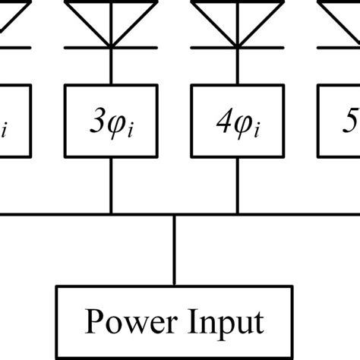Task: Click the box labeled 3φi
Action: tap(112, 122)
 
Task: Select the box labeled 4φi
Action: tap(236, 122)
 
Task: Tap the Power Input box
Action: tap(175, 322)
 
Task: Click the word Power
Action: tap(126, 322)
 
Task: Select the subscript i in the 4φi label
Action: tap(255, 130)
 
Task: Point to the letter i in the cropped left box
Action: tap(5, 130)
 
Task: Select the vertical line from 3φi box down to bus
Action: tap(112, 186)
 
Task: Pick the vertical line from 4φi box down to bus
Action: tap(236, 186)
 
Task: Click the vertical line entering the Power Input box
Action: tap(175, 251)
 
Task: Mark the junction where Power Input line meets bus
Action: tap(175, 214)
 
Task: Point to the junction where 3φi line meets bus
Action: tap(112, 214)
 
